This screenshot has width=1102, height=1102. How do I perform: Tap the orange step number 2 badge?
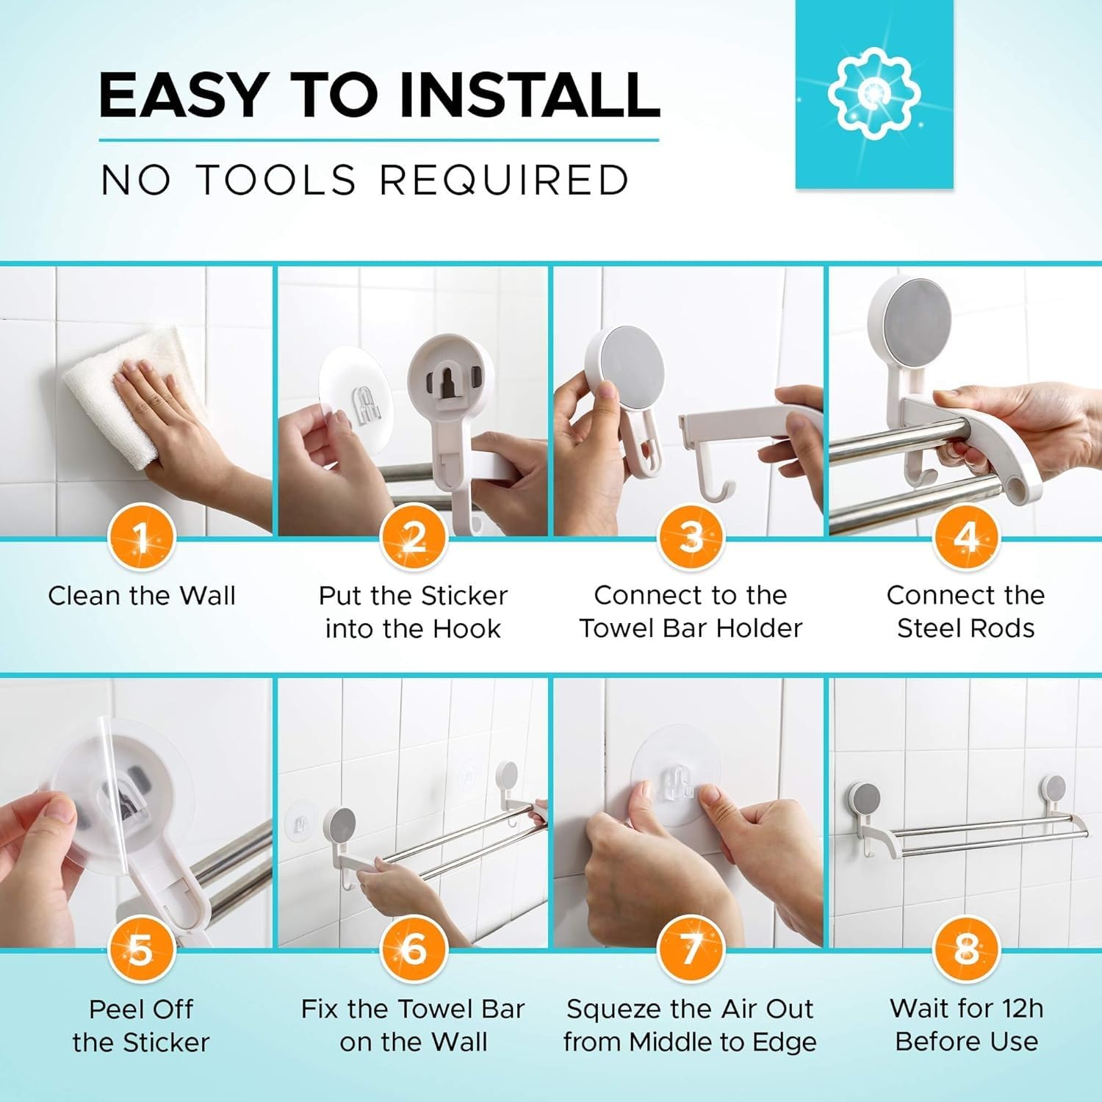[x=414, y=538]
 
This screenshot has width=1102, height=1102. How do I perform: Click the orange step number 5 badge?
[x=141, y=950]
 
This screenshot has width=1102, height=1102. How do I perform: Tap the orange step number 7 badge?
[x=690, y=949]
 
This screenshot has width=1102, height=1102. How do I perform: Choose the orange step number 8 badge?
[x=966, y=949]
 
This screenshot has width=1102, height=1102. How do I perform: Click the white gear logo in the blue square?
[x=874, y=93]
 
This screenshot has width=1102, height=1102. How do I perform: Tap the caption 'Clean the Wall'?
[x=142, y=595]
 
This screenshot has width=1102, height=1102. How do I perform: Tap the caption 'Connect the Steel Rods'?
[x=966, y=611]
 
